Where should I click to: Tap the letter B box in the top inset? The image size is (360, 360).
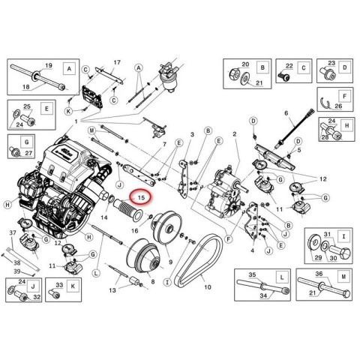tap(262, 67)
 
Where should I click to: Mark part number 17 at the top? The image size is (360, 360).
tap(117, 61)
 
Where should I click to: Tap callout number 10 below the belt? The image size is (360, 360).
tap(207, 288)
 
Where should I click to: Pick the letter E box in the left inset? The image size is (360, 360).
tap(46, 108)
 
